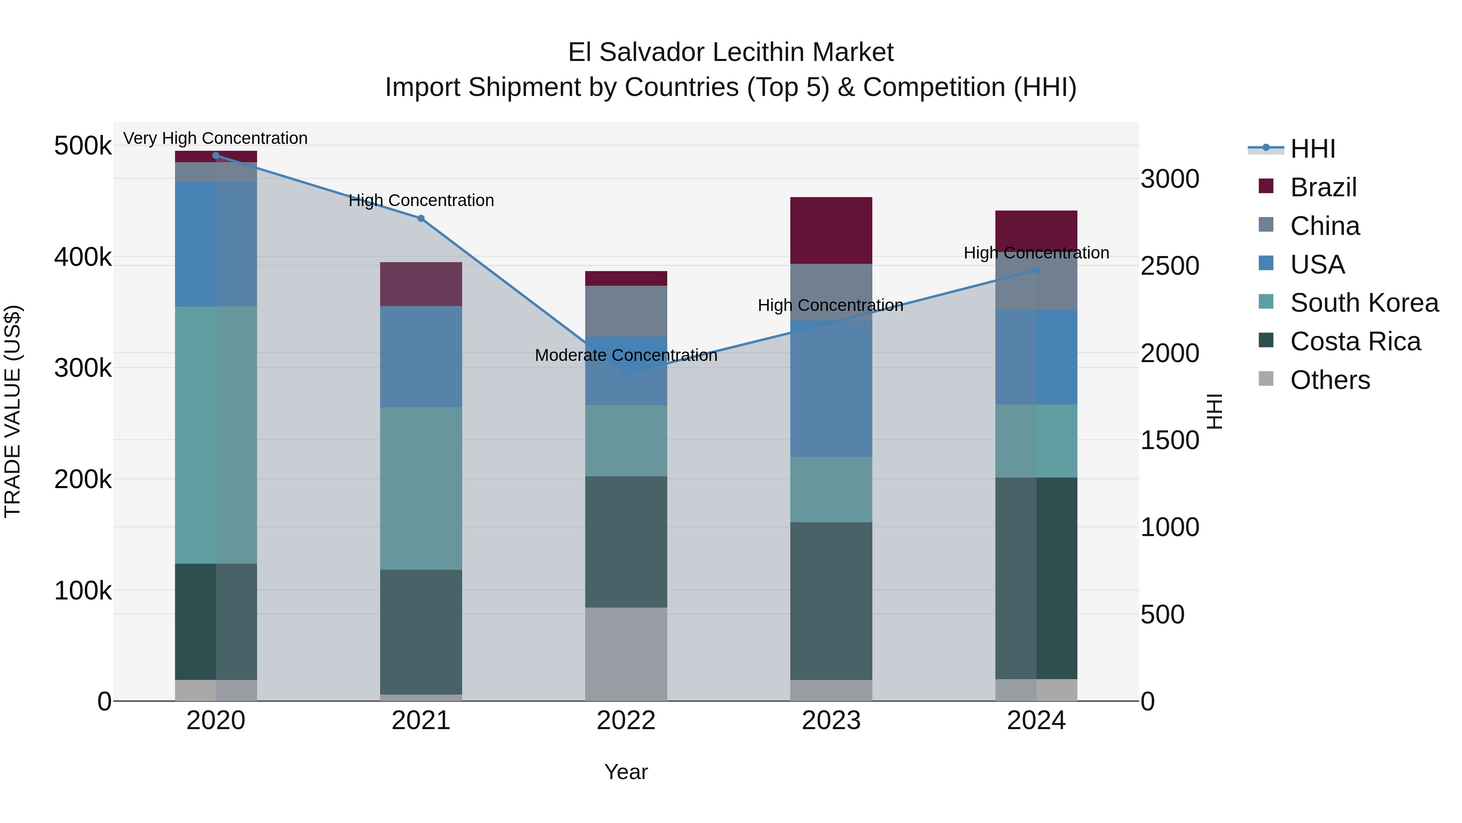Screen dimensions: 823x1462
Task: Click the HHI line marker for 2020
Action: pyautogui.click(x=216, y=156)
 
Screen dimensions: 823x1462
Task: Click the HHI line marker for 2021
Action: pyautogui.click(x=421, y=219)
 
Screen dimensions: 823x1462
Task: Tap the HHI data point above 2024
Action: pyautogui.click(x=1036, y=270)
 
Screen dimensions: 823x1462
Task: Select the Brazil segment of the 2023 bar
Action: pyautogui.click(x=831, y=230)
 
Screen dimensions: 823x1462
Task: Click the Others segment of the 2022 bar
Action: pyautogui.click(x=626, y=654)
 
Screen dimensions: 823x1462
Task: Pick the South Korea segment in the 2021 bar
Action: pyautogui.click(x=421, y=489)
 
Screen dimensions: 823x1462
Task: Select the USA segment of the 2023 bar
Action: pyautogui.click(x=831, y=389)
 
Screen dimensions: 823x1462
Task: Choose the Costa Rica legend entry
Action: pyautogui.click(x=1355, y=342)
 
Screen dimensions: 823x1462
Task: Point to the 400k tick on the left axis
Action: pyautogui.click(x=83, y=257)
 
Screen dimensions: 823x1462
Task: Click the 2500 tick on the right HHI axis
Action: pyautogui.click(x=1170, y=266)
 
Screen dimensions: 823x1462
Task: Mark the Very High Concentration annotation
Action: pyautogui.click(x=216, y=139)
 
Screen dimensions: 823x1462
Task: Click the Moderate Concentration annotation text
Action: pyautogui.click(x=626, y=356)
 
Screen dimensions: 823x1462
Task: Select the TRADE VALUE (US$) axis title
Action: pyautogui.click(x=13, y=411)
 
